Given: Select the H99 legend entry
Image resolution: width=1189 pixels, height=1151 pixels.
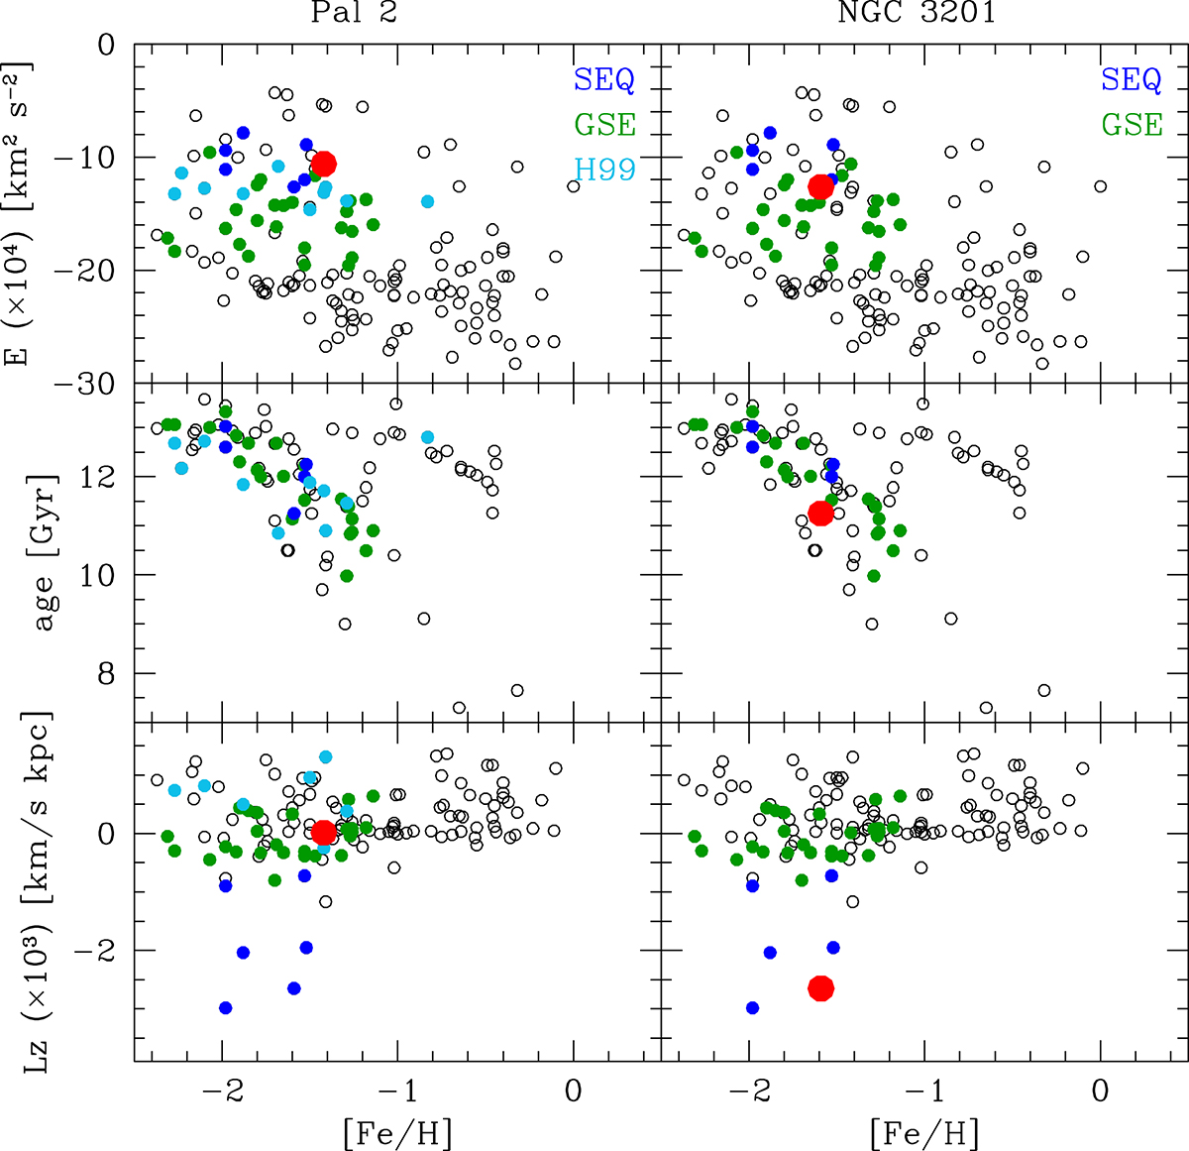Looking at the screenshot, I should click(604, 170).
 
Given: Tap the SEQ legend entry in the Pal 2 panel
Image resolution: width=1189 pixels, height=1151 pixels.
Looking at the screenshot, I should click(604, 79).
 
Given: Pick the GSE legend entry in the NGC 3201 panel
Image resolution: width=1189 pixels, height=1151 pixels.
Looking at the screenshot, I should click(1132, 125).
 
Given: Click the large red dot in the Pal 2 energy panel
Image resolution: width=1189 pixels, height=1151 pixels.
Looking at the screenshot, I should click(323, 164).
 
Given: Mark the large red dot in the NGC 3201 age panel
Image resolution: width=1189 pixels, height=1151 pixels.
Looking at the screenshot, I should click(820, 513).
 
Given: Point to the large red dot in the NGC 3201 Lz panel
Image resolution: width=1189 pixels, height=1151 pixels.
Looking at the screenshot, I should click(820, 988).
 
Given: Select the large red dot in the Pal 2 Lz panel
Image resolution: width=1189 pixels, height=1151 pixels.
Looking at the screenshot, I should click(323, 833).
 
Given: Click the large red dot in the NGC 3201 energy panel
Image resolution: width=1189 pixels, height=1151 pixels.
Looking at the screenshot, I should click(820, 186).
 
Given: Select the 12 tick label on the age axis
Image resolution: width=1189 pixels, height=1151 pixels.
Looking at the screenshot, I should click(101, 477).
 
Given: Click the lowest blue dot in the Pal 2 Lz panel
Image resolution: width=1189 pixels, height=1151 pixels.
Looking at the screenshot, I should click(225, 1007).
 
